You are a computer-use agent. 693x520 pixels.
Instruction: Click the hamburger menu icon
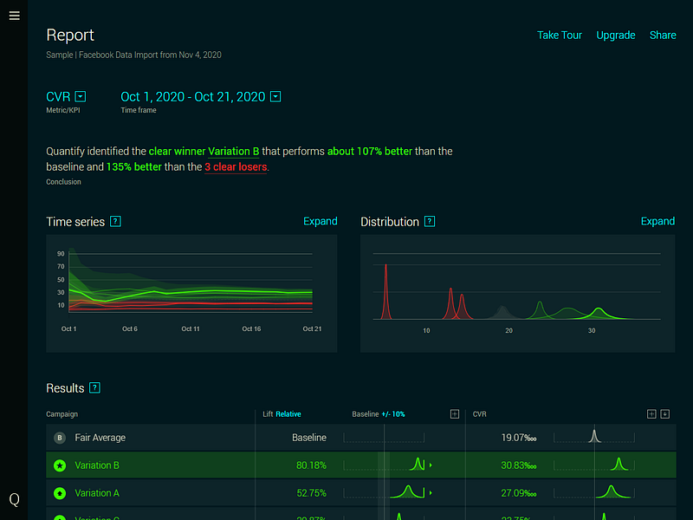[x=14, y=15]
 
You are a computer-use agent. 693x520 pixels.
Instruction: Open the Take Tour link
[x=559, y=36]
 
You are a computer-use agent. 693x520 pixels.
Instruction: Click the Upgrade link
[x=616, y=36]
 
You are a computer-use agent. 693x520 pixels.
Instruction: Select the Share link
[x=663, y=36]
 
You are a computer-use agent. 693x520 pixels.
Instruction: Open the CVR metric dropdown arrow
[x=81, y=96]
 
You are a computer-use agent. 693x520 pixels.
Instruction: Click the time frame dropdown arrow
[x=275, y=96]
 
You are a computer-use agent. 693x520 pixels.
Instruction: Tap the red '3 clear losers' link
[x=236, y=166]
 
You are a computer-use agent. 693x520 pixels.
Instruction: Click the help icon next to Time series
[x=115, y=222]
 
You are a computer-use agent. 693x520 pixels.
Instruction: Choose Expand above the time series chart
[x=320, y=222]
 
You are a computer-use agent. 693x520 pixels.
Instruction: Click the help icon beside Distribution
[x=430, y=222]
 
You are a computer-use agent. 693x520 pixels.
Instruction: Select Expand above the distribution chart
[x=657, y=222]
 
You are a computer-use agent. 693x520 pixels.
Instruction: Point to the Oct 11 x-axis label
[x=191, y=329]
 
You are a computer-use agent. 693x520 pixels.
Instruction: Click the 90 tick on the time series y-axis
[x=61, y=254]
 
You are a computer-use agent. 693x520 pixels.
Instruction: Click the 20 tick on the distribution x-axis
[x=508, y=331]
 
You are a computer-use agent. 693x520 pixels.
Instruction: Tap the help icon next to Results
[x=95, y=388]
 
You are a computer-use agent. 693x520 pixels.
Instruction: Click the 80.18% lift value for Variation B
[x=311, y=465]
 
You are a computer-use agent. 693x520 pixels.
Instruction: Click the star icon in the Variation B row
[x=60, y=465]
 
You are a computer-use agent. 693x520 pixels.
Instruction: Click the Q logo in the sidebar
[x=14, y=499]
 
